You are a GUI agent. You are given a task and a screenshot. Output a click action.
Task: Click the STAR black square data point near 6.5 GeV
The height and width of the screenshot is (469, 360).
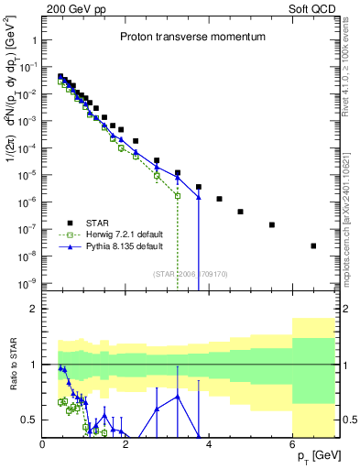click(313, 245)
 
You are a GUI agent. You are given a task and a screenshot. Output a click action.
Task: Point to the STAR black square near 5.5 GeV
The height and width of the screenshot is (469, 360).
click(272, 224)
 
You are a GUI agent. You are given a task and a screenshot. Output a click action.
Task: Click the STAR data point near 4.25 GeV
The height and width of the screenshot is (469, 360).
click(220, 199)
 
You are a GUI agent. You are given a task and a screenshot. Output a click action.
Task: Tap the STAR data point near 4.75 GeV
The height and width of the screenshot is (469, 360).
click(240, 212)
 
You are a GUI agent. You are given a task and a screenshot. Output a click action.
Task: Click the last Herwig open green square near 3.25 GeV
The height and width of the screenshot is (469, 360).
click(178, 196)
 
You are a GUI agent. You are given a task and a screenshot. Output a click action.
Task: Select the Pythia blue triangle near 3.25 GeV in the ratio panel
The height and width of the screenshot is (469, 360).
click(178, 396)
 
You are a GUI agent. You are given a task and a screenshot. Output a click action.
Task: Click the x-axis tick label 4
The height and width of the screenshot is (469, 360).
click(210, 445)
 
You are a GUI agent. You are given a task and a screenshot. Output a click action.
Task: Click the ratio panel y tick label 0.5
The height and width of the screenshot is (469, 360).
click(27, 420)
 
